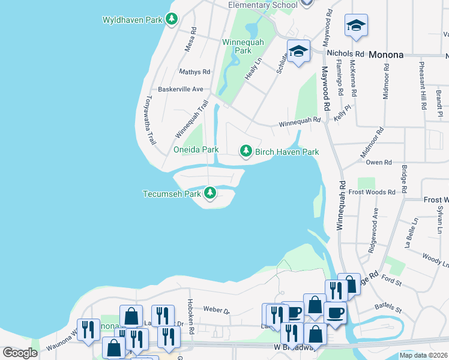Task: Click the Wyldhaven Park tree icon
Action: click(172, 20)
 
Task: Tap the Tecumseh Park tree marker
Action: click(209, 193)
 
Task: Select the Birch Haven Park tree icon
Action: click(246, 152)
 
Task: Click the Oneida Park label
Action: click(196, 149)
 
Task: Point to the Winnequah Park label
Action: click(237, 46)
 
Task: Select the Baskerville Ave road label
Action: click(181, 89)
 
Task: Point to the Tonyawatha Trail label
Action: click(148, 120)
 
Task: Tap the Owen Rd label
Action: click(378, 162)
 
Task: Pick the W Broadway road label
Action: click(289, 347)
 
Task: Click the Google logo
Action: click(20, 353)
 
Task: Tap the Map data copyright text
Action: click(424, 355)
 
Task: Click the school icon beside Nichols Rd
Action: click(298, 52)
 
